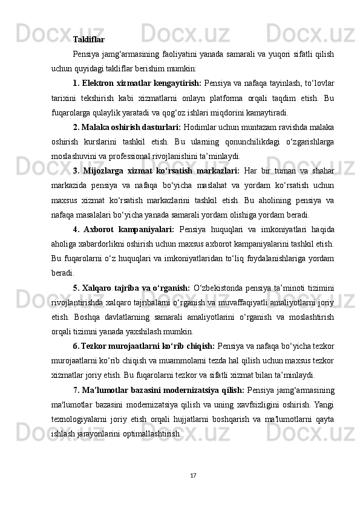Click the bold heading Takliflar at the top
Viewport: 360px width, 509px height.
click(x=88, y=40)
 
